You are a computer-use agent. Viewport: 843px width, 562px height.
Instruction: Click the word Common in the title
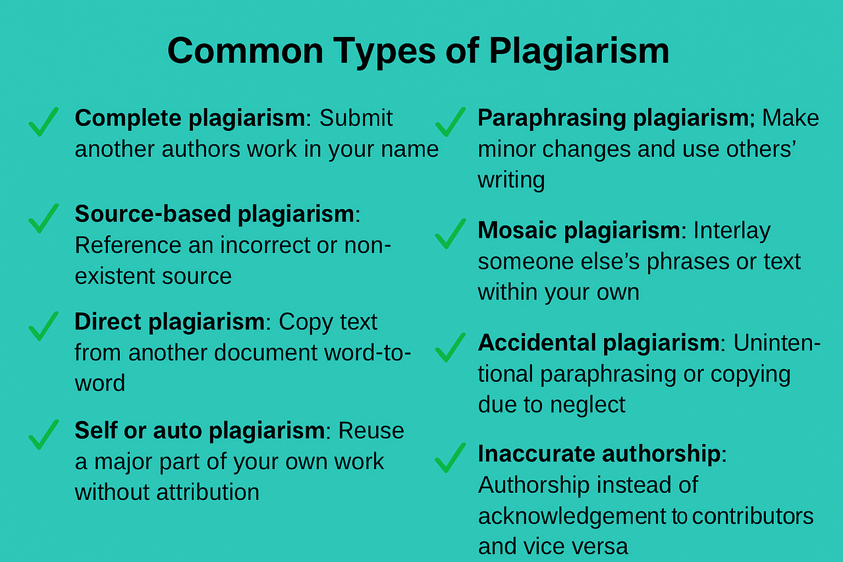click(x=246, y=51)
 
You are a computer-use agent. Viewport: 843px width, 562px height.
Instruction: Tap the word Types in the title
click(x=385, y=52)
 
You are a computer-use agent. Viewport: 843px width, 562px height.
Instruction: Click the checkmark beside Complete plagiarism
click(x=43, y=122)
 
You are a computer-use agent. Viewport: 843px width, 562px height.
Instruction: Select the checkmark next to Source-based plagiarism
click(x=43, y=218)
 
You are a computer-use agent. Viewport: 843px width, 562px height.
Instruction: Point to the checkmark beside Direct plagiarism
click(x=43, y=326)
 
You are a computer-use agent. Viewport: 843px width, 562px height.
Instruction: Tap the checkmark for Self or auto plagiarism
click(x=43, y=434)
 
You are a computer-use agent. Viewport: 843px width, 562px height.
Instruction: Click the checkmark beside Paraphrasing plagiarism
click(x=450, y=122)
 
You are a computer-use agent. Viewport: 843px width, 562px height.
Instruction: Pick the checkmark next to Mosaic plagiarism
click(x=450, y=233)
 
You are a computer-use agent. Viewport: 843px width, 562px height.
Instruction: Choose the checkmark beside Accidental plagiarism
click(x=450, y=347)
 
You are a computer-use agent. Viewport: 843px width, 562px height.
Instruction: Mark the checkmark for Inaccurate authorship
click(x=450, y=458)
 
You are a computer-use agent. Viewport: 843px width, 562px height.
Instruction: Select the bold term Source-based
click(x=153, y=214)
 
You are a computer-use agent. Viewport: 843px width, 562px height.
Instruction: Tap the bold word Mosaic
click(x=517, y=230)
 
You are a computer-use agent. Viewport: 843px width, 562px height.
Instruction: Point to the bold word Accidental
click(x=537, y=343)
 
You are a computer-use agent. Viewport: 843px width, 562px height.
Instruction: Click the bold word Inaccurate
click(x=536, y=453)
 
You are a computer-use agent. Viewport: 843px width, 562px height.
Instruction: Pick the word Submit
click(x=356, y=118)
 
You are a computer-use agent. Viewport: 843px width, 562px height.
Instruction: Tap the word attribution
click(x=207, y=492)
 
